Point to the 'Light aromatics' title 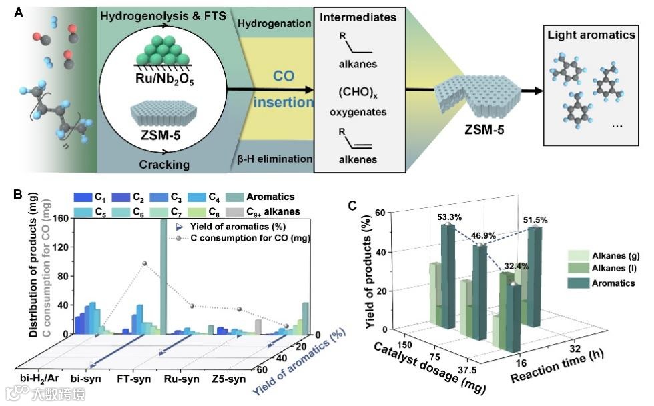pos(589,35)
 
